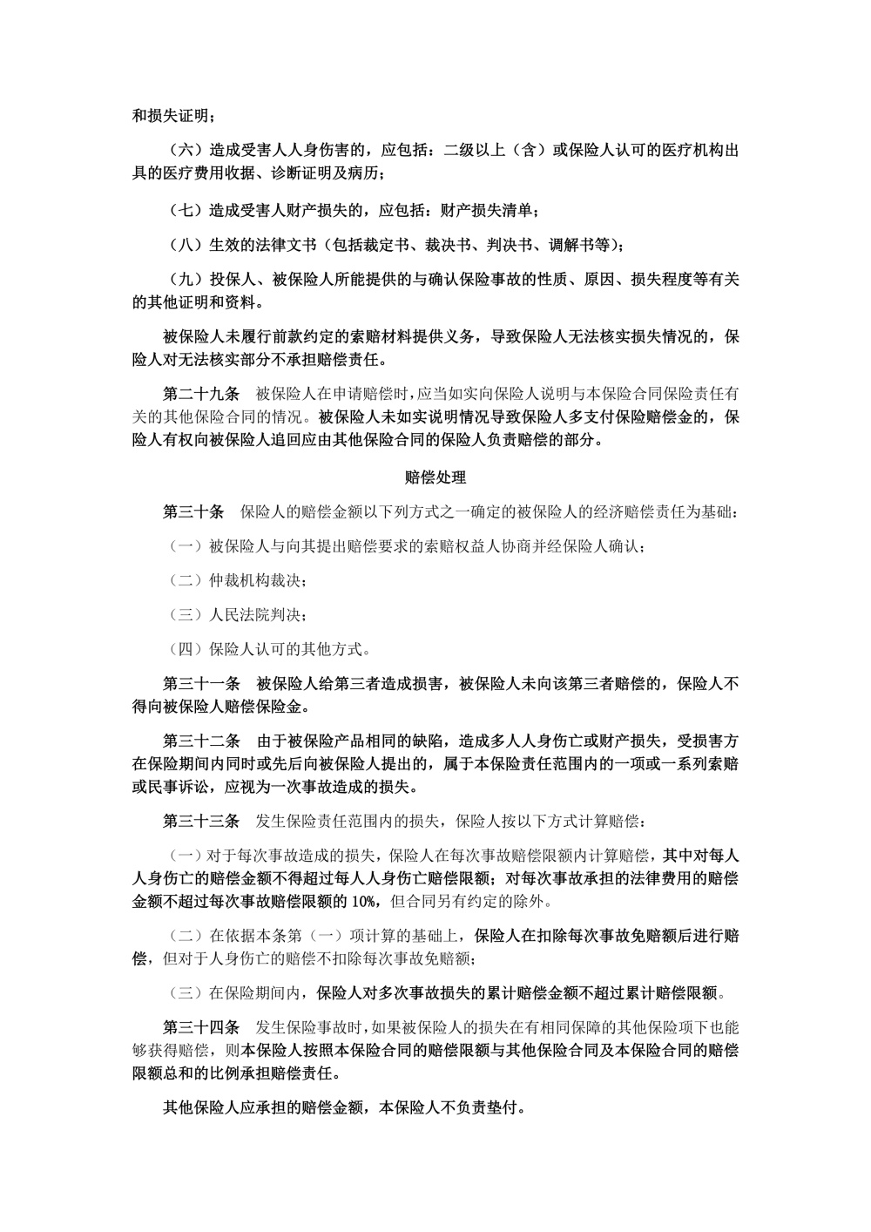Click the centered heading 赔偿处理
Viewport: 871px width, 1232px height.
point(435,477)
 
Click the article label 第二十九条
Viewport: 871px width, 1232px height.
point(201,393)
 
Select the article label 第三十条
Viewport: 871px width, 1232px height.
point(193,511)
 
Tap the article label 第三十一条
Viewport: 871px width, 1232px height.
point(201,684)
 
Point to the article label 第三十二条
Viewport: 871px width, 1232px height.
point(201,741)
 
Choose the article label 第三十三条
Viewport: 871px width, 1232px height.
point(201,821)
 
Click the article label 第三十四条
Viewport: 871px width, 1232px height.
point(201,1027)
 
